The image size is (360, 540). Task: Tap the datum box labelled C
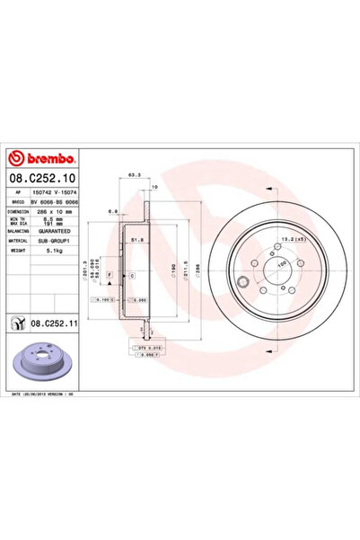131,274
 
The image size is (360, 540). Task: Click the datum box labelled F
110,274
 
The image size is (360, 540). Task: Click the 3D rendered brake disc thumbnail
35,360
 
